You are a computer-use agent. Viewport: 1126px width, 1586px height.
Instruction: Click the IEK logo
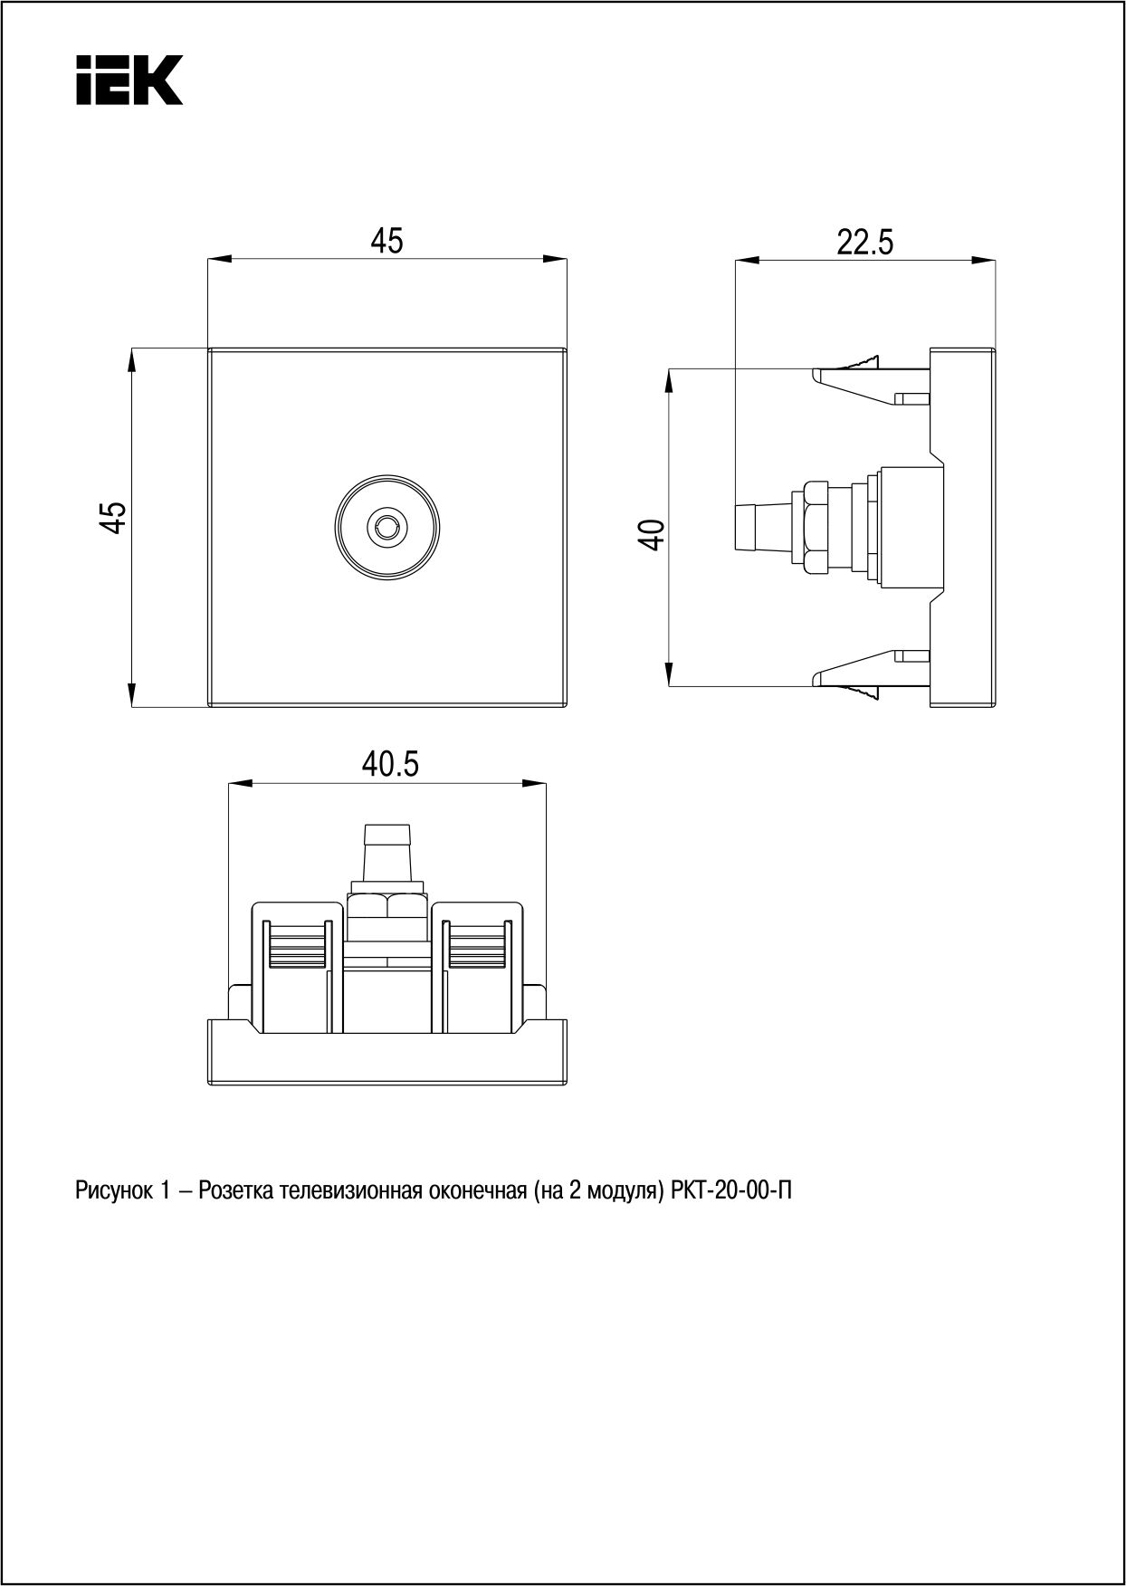(129, 80)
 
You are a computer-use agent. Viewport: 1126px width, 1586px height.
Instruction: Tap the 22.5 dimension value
(864, 243)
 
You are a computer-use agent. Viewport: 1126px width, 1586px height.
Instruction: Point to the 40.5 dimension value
(391, 765)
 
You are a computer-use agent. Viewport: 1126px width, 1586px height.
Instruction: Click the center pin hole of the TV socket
(386, 524)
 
